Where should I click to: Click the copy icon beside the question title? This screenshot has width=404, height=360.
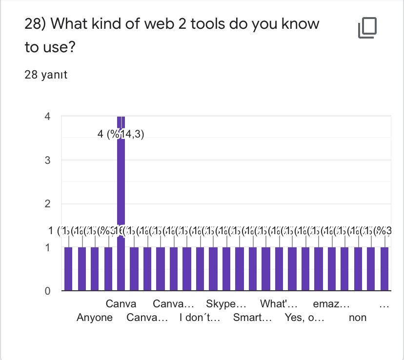tap(367, 28)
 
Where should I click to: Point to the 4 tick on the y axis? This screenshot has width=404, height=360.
tap(47, 117)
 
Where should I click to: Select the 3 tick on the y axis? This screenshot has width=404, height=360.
tap(47, 160)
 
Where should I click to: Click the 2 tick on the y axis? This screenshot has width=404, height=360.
tap(47, 204)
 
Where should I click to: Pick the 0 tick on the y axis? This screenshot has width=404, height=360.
tap(47, 291)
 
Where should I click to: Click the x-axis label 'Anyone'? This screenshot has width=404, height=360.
tap(95, 318)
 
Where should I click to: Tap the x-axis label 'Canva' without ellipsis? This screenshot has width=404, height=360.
tap(121, 304)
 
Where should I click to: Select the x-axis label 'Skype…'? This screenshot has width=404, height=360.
tap(226, 304)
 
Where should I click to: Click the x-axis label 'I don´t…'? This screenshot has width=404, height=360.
tap(200, 318)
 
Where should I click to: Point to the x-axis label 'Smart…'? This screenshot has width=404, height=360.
tap(252, 318)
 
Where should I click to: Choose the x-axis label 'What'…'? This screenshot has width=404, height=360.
tap(279, 304)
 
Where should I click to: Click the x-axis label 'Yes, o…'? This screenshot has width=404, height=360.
tap(304, 318)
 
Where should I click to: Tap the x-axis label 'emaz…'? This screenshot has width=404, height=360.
tap(331, 304)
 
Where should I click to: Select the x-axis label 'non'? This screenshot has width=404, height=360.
tap(358, 318)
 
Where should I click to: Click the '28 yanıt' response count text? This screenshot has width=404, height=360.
tap(46, 75)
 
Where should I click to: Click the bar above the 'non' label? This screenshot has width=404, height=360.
tap(358, 269)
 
